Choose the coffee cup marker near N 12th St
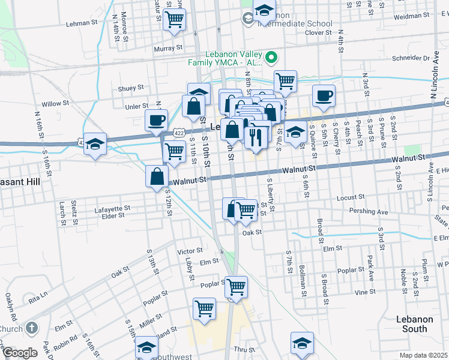click(156, 119)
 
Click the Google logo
click(20, 353)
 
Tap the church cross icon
click(32, 328)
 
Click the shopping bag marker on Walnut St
click(156, 176)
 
